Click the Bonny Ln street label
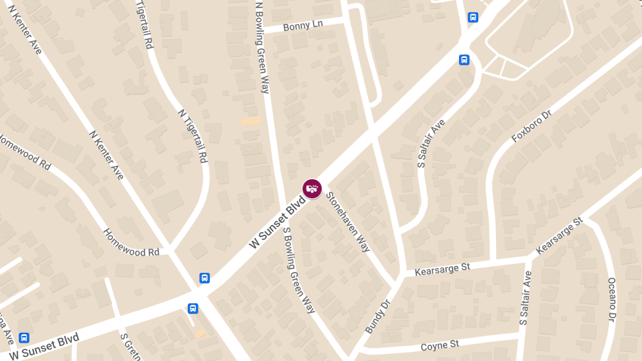(x=303, y=26)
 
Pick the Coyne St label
(x=440, y=345)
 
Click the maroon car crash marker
(x=312, y=188)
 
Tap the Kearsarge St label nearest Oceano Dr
(x=559, y=236)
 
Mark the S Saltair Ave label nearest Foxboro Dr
(x=431, y=144)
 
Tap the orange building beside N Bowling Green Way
(x=250, y=121)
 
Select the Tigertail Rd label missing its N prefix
(x=145, y=24)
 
